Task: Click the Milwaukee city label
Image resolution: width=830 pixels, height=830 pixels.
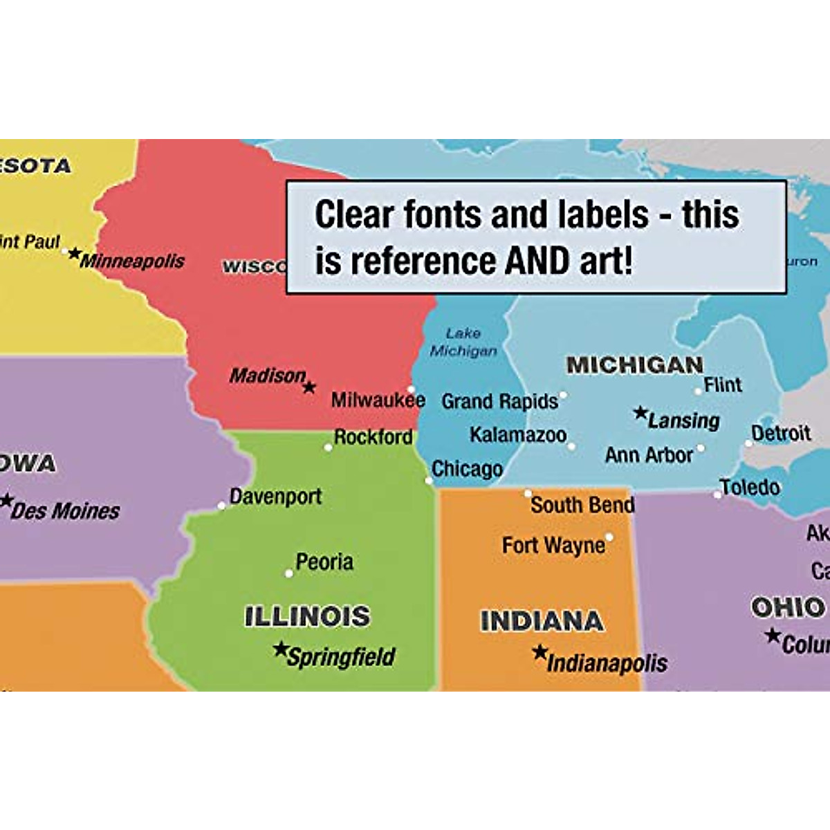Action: point(378,400)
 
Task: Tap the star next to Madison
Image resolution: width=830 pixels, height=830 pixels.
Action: point(309,387)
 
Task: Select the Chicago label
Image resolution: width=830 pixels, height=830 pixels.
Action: point(467,469)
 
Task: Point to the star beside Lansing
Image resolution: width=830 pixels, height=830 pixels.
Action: point(640,413)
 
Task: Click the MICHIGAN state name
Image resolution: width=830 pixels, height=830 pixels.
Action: point(634,365)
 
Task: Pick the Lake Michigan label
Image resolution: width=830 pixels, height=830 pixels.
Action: point(463,342)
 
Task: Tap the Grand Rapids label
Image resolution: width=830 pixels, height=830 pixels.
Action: point(499,401)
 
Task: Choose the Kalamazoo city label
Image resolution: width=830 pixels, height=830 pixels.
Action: point(518,435)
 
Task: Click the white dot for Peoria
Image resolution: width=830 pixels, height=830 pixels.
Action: point(289,573)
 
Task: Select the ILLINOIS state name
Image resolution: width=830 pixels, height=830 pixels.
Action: point(307,616)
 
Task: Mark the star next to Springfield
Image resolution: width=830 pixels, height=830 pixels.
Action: point(280,649)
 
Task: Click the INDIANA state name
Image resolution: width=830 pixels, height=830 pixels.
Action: point(542,621)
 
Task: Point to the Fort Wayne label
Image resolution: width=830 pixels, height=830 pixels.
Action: point(553,546)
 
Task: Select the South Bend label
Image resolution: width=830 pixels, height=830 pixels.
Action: point(582,505)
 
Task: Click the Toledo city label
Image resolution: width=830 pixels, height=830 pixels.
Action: point(750,488)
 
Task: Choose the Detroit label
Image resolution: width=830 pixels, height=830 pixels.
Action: point(781,434)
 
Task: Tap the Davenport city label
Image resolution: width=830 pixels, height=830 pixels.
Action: point(275,497)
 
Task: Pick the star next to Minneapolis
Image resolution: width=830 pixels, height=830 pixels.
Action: point(74,253)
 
